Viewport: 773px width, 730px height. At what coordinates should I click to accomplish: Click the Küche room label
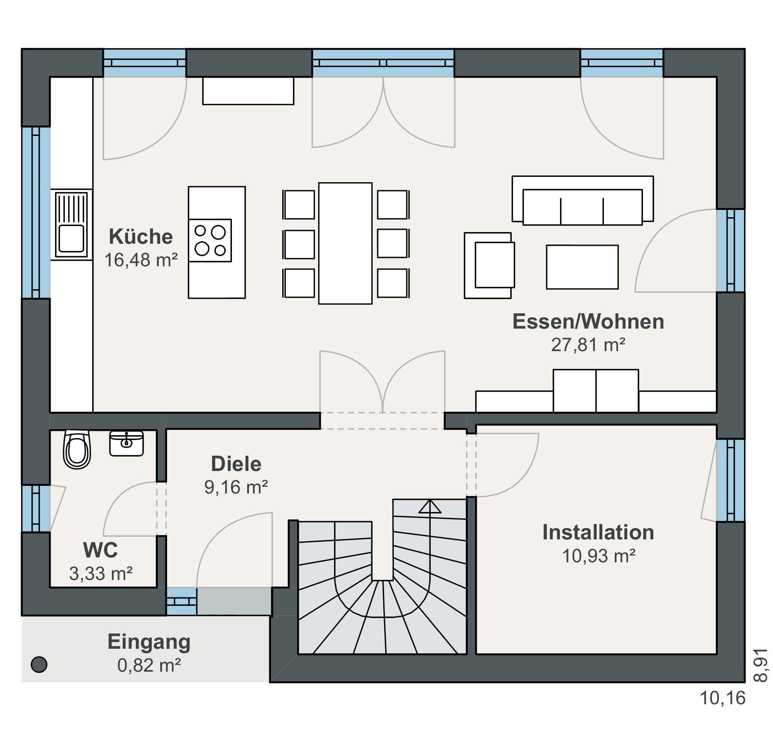pos(141,236)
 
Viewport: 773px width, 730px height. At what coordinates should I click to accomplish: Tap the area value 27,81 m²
pos(588,345)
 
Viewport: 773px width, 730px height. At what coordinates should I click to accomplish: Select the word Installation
pos(598,532)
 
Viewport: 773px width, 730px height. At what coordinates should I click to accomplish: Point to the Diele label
pos(236,464)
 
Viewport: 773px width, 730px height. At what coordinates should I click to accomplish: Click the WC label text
pos(101,550)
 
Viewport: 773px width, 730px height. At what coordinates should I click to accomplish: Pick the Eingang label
pos(149,642)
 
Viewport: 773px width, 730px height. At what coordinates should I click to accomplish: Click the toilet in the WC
pos(77,450)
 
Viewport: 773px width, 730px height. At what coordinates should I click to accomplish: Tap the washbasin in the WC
pos(126,443)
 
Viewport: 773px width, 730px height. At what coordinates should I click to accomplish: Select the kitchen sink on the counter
pos(71,225)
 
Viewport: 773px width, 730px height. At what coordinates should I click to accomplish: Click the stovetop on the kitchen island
pos(210,241)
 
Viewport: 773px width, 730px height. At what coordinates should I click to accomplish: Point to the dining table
pos(345,243)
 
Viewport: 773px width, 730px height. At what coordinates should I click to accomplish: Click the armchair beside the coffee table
pos(489,265)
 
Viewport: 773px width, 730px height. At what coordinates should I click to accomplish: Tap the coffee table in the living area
pos(582,267)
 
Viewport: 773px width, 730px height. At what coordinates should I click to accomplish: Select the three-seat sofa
pos(583,200)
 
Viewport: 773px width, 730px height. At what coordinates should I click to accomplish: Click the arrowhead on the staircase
pos(430,506)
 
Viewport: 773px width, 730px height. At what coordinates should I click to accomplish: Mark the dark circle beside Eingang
pos(39,664)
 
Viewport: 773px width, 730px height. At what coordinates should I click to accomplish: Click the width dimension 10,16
pos(723,698)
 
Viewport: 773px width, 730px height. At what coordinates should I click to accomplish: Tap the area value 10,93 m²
pos(599,556)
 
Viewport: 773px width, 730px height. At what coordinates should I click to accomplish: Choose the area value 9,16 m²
pos(236,487)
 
